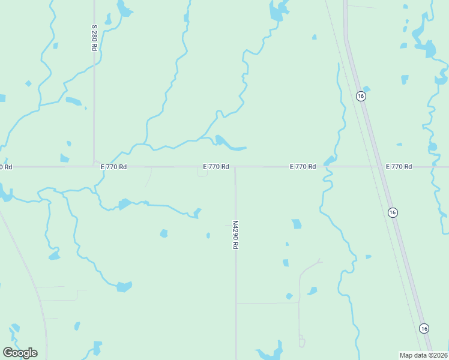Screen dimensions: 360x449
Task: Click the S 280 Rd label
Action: tap(94, 37)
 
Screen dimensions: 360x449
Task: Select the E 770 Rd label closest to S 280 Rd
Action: tap(113, 167)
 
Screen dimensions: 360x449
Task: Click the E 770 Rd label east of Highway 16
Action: tap(399, 166)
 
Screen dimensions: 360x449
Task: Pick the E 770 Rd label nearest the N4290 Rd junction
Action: tap(215, 166)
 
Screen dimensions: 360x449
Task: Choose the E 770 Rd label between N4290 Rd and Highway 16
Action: tap(303, 166)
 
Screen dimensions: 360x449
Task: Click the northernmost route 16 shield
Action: tap(360, 96)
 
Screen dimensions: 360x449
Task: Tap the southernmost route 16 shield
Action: tap(424, 328)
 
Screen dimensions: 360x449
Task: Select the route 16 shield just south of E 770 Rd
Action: tap(392, 212)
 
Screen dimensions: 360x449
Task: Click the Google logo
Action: tap(20, 352)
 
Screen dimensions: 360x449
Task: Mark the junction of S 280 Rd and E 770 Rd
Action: tap(94, 166)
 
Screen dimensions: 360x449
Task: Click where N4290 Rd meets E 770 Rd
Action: tap(235, 167)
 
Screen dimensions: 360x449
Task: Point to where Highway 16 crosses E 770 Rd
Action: tap(380, 166)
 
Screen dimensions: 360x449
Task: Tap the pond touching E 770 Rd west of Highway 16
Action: tap(330, 160)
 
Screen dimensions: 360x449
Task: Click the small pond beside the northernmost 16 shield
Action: tap(367, 89)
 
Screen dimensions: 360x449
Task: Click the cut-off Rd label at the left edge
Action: tap(5, 167)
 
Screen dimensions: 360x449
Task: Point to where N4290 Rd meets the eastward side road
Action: tap(236, 303)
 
